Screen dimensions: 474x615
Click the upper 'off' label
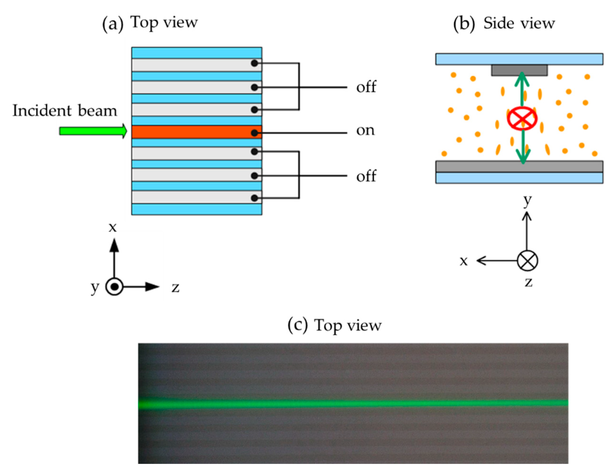pos(366,87)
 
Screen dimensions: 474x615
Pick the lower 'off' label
pos(366,176)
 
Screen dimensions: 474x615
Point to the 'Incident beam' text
pos(65,111)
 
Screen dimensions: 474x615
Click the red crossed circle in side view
pos(522,118)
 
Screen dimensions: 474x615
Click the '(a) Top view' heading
pos(150,23)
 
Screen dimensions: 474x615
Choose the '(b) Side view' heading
pos(504,23)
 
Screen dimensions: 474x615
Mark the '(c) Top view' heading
pos(334,325)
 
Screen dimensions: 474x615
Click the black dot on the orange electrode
pos(254,133)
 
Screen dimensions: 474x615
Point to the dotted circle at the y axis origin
pos(114,287)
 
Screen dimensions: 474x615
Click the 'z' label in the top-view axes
pos(176,288)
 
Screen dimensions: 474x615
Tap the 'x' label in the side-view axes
pos(463,261)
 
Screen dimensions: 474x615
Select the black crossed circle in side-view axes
pos(527,261)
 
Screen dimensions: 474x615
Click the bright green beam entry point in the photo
pos(143,404)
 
